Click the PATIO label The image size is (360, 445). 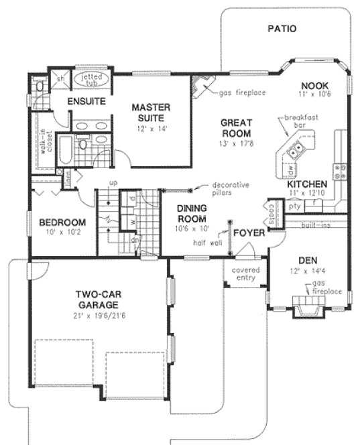[282, 29]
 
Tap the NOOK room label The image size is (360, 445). [312, 85]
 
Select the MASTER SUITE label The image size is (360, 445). [150, 112]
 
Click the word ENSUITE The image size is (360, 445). [86, 102]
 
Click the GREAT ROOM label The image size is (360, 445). [236, 128]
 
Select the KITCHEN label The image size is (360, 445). [307, 184]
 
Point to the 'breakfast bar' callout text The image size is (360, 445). [300, 121]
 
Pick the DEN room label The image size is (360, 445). [309, 260]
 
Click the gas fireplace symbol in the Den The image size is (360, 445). [309, 308]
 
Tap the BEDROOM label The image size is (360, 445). [62, 222]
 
